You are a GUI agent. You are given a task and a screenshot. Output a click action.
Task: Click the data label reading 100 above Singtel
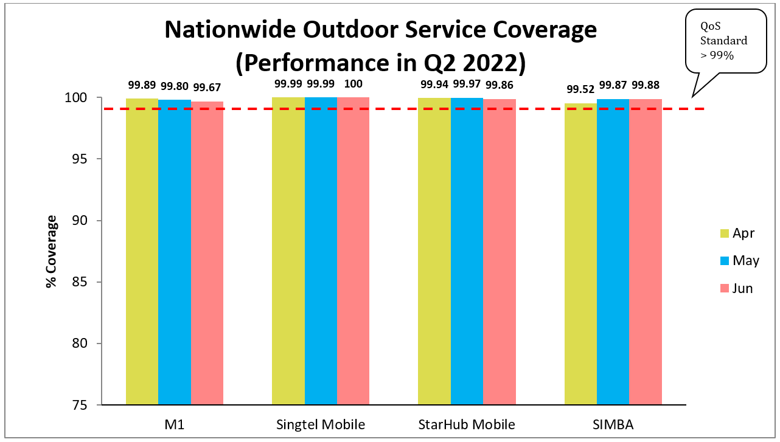(x=353, y=84)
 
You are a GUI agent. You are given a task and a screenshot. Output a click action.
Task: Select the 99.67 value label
(x=206, y=86)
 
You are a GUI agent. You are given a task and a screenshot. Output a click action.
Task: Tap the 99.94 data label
(x=434, y=84)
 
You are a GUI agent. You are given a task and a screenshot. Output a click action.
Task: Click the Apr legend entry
(x=737, y=233)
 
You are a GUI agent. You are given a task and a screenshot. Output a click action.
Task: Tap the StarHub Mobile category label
(x=467, y=424)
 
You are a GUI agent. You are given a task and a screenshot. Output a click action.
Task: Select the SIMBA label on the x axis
(x=613, y=424)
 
